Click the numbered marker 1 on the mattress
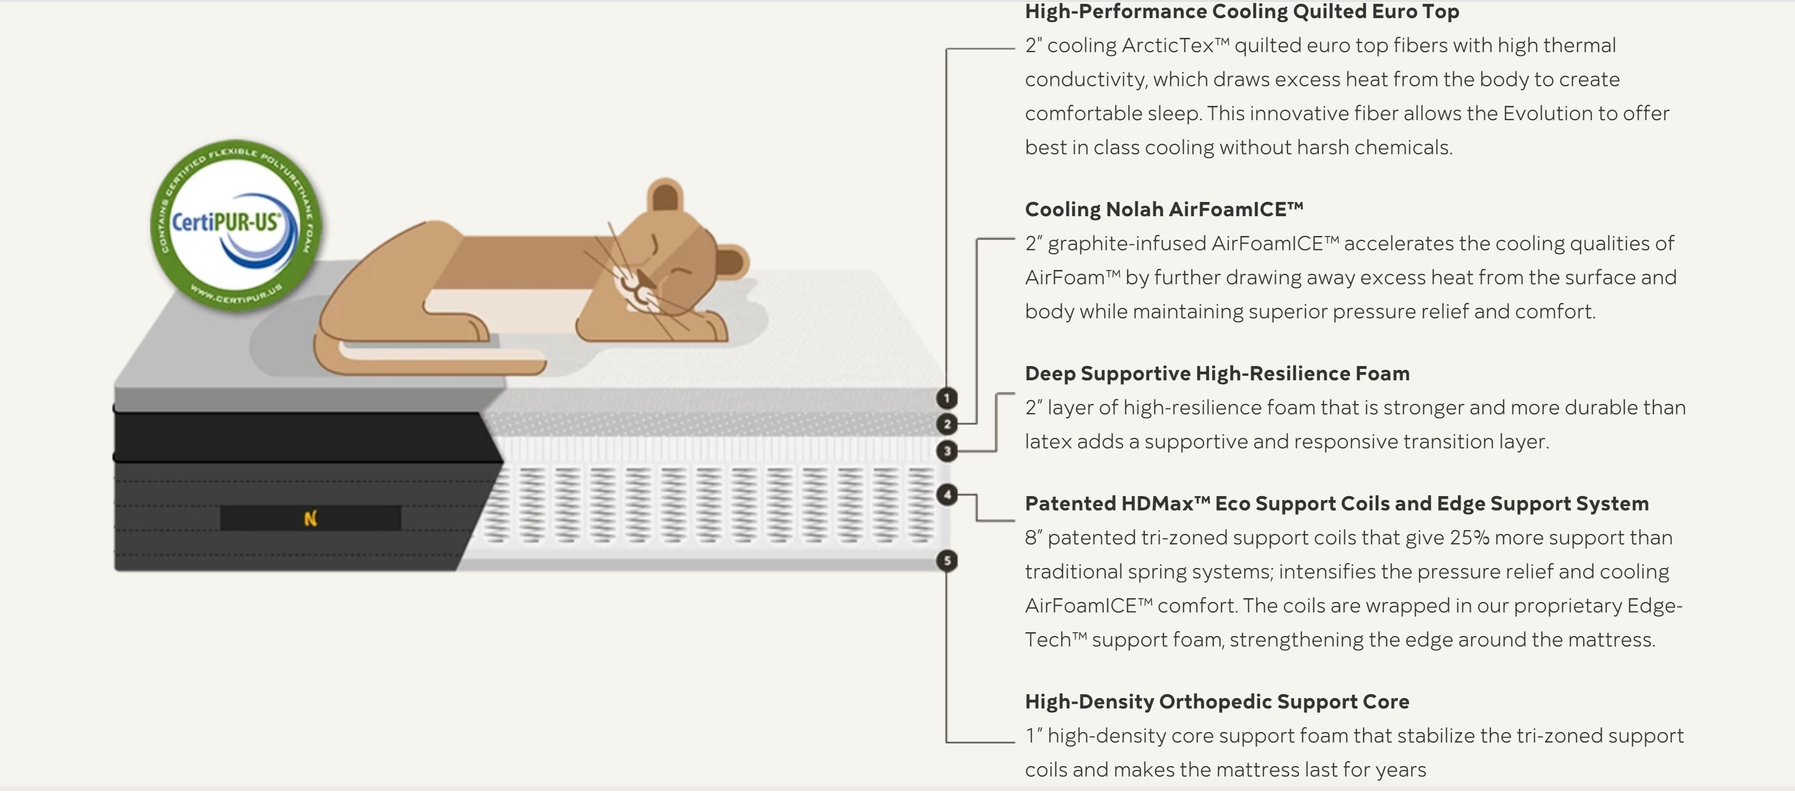(946, 398)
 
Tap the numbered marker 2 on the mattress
(946, 424)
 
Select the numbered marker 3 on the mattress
(946, 451)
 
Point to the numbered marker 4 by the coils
(946, 495)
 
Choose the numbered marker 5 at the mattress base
(946, 560)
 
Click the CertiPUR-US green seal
(235, 224)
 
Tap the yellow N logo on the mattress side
(311, 519)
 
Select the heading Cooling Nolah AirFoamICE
(1164, 209)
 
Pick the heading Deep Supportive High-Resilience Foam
(1217, 374)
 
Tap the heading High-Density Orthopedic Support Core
(1217, 702)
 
